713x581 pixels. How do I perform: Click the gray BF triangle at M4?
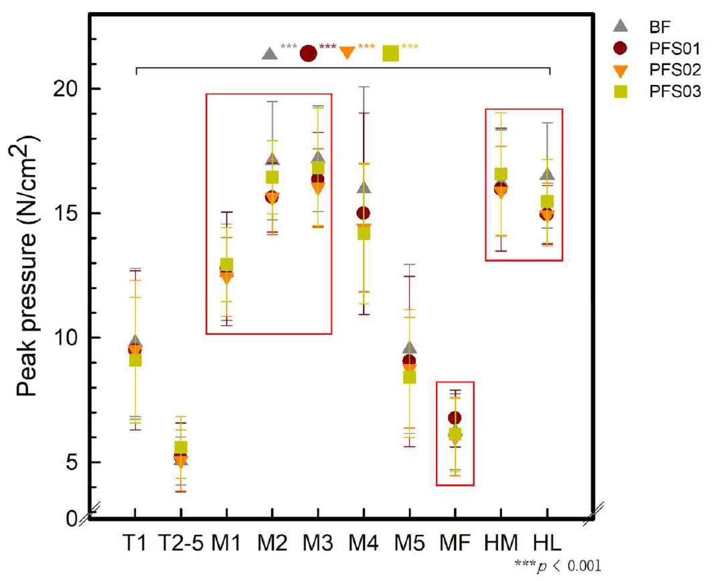point(364,187)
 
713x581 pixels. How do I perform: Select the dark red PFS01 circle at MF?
point(455,419)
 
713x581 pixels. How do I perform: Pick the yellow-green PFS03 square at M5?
point(409,377)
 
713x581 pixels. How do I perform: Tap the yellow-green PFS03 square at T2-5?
point(181,448)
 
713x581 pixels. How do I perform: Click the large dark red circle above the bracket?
point(308,54)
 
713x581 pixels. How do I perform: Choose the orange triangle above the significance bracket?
point(347,53)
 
